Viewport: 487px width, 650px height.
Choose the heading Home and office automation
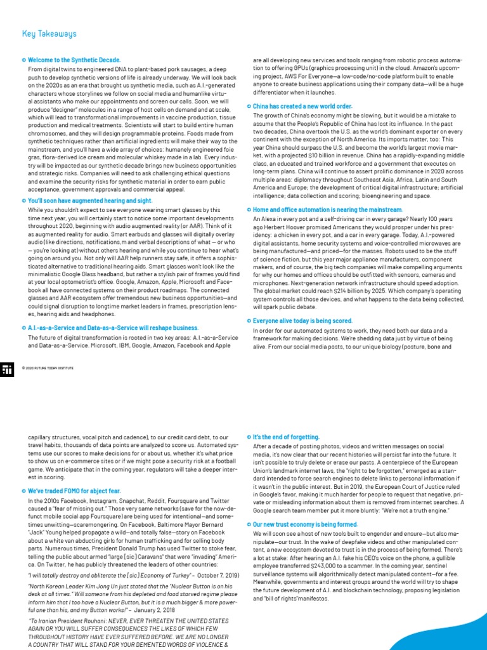pos(327,209)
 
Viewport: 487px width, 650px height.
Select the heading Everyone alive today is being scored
pos(302,321)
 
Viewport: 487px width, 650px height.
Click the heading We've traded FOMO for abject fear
pos(74,491)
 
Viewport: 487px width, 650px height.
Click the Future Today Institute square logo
pos(8,370)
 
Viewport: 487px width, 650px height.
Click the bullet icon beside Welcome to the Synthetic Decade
pos(23,60)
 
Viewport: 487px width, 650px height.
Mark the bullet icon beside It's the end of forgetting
pos(248,437)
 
